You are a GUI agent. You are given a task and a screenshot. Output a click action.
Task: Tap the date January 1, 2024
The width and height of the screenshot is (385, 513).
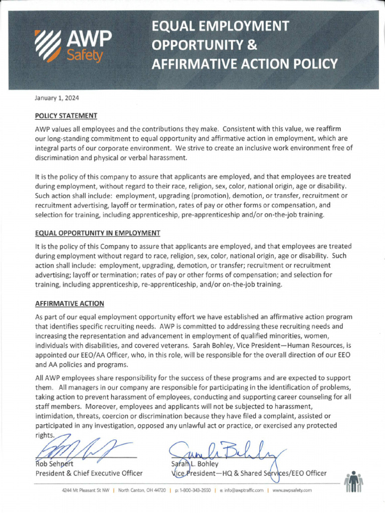[x=57, y=98]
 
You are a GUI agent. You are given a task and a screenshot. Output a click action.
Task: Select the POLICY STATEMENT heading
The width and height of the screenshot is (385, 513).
[x=66, y=116]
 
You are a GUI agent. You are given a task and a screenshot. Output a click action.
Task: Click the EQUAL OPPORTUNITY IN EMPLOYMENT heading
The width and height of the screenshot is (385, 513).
[x=98, y=233]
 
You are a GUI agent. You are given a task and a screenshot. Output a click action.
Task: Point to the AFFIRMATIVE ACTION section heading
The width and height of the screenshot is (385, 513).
[x=70, y=304]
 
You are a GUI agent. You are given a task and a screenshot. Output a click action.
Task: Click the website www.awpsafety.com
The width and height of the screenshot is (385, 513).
[x=292, y=490]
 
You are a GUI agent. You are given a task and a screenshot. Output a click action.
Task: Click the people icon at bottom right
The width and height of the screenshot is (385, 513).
[x=354, y=482]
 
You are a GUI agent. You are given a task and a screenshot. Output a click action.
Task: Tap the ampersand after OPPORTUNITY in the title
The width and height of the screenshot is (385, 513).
[x=252, y=45]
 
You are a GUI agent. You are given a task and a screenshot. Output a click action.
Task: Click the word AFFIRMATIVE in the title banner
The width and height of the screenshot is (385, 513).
[x=192, y=64]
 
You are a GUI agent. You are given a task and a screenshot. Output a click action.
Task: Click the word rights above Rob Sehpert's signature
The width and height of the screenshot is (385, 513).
[x=44, y=435]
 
